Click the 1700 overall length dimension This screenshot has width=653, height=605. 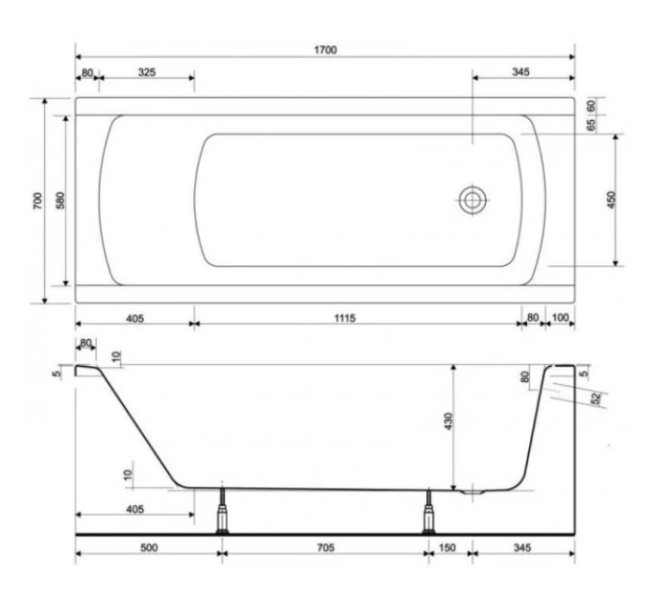click(326, 50)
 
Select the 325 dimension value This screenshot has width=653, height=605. click(147, 72)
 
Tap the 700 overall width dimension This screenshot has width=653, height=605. click(37, 201)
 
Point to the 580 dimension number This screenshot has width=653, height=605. click(60, 201)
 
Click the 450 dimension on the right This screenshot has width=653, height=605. click(611, 200)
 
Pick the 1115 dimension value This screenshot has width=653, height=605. click(345, 318)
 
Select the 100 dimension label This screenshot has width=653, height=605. click(560, 318)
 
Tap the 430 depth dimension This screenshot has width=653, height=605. click(448, 421)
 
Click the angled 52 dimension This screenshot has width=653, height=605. click(596, 399)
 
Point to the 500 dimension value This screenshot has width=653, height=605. click(149, 547)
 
